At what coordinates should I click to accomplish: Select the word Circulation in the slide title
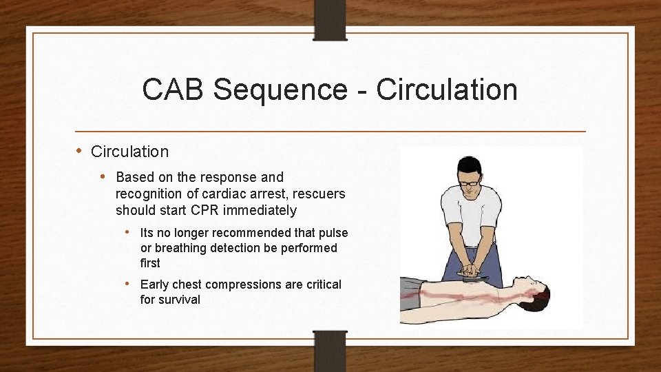click(447, 90)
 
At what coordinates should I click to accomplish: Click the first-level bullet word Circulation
click(129, 152)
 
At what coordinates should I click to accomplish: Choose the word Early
click(156, 285)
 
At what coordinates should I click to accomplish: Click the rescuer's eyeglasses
click(470, 183)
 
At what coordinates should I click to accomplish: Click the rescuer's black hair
click(470, 165)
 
